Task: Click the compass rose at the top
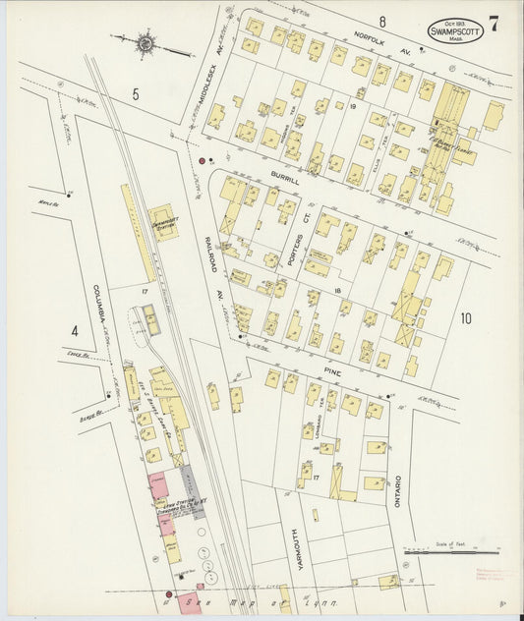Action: [146, 42]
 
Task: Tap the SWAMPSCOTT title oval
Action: [454, 31]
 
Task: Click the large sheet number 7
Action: [494, 25]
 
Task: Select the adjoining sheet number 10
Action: [465, 317]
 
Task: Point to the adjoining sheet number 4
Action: [74, 331]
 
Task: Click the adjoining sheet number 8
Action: [381, 22]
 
